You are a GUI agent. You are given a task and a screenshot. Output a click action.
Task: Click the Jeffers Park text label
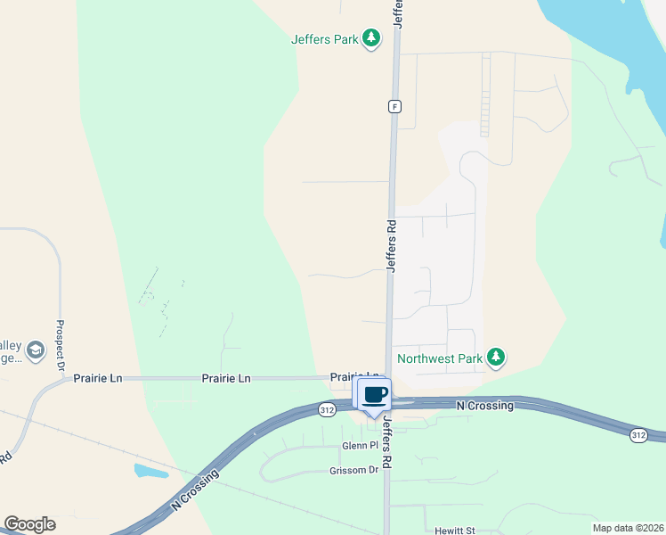click(326, 39)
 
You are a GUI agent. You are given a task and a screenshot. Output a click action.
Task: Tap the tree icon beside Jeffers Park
click(372, 39)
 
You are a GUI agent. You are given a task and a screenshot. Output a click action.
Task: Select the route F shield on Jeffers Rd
click(394, 106)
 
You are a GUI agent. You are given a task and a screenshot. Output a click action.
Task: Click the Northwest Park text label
click(440, 358)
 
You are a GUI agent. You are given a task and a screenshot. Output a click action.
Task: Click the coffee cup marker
click(375, 395)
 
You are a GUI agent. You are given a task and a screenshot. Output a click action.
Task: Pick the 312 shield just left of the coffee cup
click(328, 409)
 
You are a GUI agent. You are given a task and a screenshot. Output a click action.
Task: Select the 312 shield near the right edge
click(638, 434)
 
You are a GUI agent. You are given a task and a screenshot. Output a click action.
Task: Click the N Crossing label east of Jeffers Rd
click(484, 406)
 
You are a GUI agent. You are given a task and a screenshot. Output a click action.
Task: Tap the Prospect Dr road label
click(61, 346)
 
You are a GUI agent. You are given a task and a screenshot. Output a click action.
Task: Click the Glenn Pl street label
click(361, 446)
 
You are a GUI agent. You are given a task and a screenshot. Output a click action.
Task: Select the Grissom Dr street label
click(354, 470)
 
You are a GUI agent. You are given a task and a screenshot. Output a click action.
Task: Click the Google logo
click(29, 524)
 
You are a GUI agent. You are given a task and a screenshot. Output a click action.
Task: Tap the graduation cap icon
click(36, 350)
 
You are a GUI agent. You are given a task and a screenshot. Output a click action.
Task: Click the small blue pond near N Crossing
click(151, 471)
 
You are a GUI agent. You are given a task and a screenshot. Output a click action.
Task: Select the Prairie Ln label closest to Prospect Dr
click(98, 378)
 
